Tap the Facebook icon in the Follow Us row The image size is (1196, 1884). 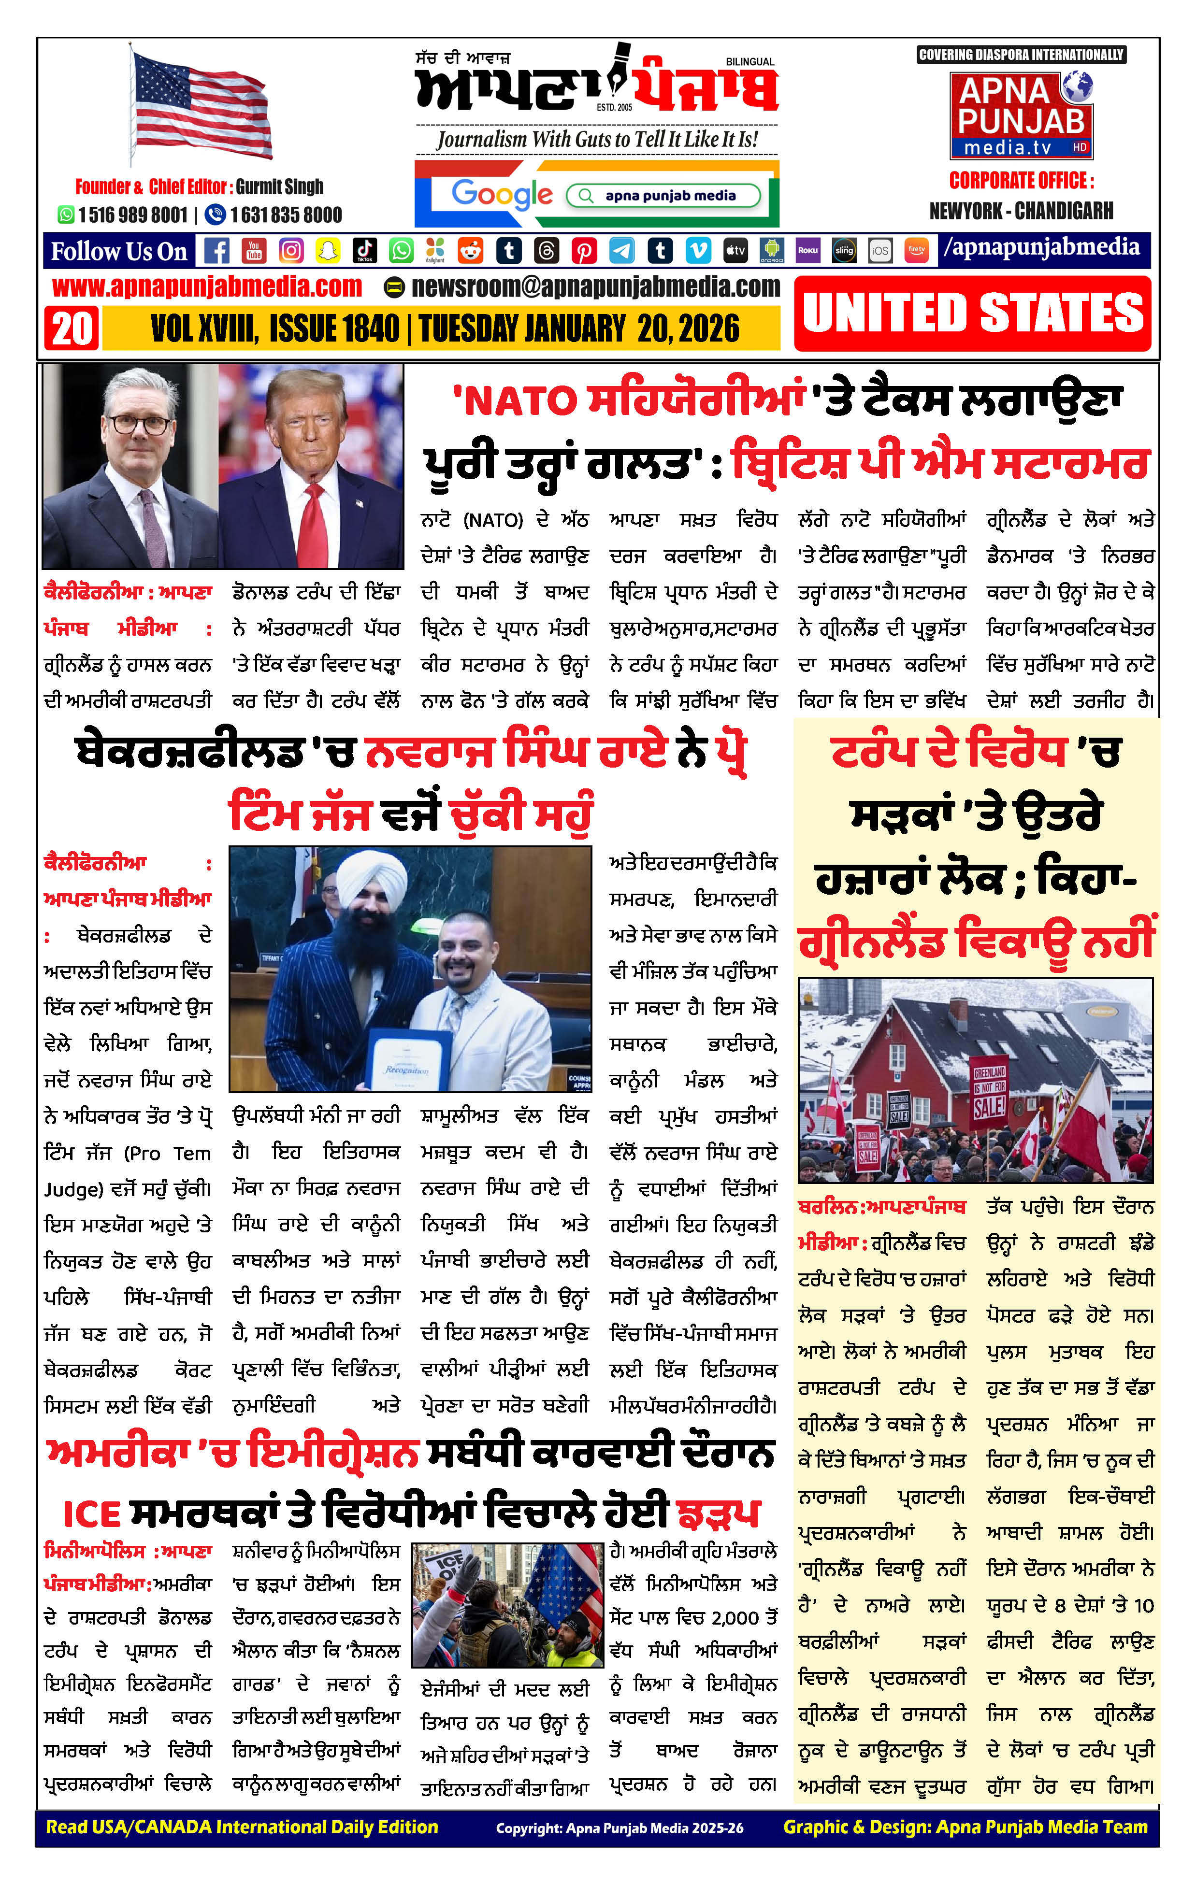[x=217, y=250]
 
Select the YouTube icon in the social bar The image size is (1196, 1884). [x=254, y=250]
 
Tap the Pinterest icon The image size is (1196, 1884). [x=584, y=250]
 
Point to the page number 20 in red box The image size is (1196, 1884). [x=72, y=328]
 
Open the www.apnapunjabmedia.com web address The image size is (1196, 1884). [x=207, y=287]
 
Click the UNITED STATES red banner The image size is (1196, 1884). [x=972, y=313]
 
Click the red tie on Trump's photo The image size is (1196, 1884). [x=313, y=524]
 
